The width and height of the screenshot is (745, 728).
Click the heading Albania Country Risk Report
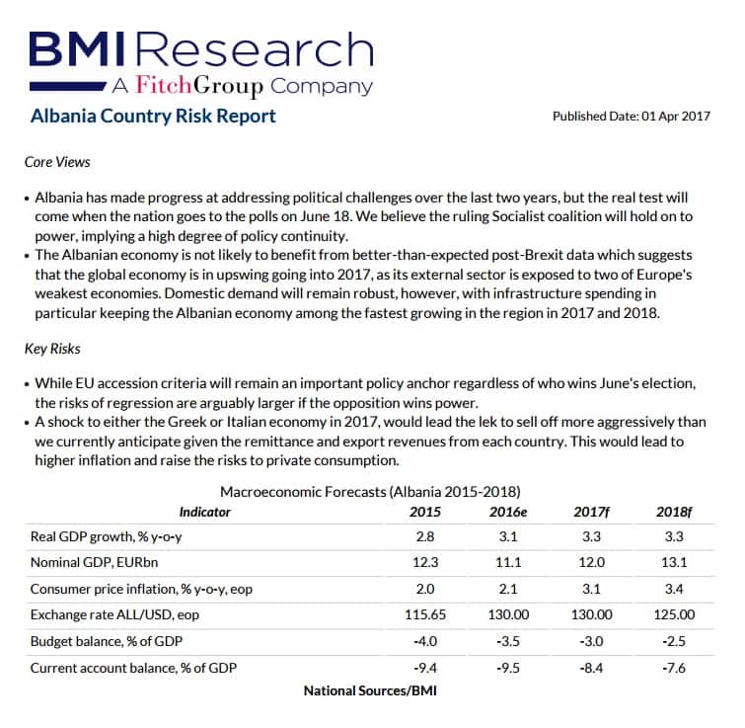[x=153, y=117]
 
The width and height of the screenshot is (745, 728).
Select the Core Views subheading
[x=57, y=161]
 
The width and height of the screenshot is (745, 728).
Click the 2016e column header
[x=509, y=512]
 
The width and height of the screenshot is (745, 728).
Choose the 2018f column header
[x=675, y=512]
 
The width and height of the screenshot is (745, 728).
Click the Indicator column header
[x=204, y=512]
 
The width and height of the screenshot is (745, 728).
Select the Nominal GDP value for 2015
[x=425, y=562]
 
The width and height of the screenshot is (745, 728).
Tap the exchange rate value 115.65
[x=425, y=614]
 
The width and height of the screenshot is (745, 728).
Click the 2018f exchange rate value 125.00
[x=675, y=614]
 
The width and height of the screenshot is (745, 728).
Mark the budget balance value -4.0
[x=425, y=641]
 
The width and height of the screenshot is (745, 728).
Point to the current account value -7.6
[x=675, y=668]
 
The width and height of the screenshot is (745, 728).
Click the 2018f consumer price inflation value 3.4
[x=675, y=589]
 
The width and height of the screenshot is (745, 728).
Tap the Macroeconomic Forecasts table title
[x=370, y=491]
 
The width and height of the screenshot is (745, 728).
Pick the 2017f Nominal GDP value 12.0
[x=592, y=562]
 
